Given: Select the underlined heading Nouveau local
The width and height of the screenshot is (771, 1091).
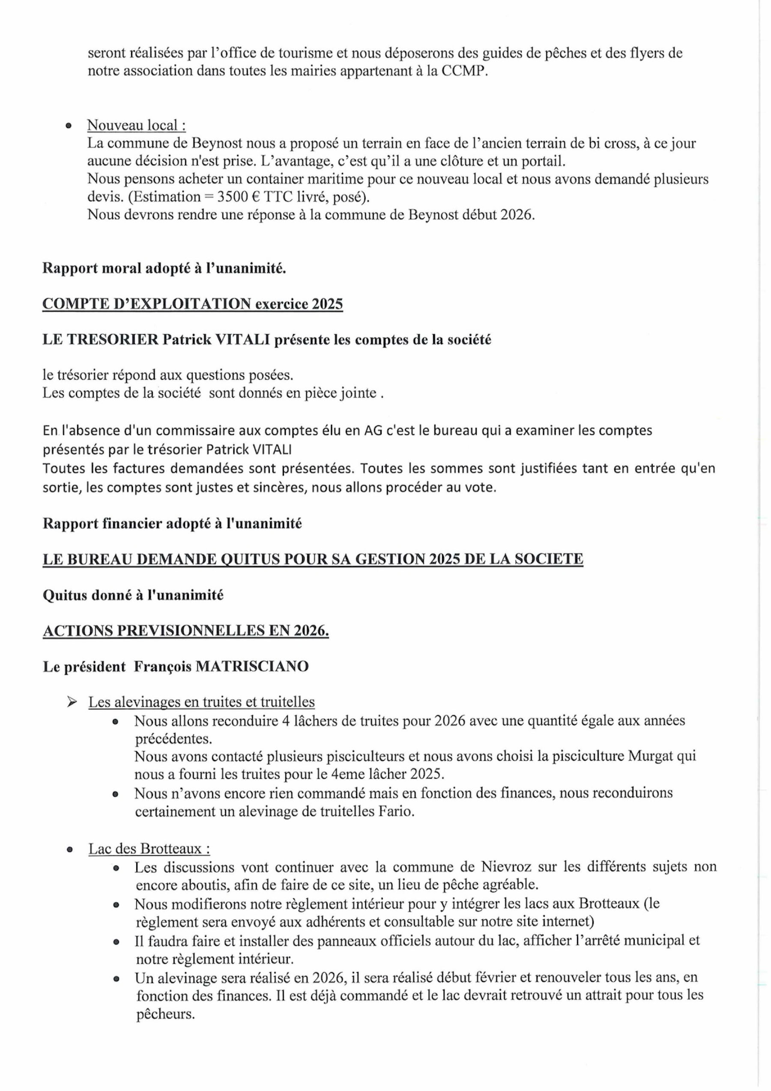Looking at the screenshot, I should click(x=136, y=125).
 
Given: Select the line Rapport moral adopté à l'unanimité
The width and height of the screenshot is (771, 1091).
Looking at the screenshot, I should click(x=164, y=268).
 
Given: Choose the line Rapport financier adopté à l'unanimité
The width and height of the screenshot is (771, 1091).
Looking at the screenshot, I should click(x=172, y=524).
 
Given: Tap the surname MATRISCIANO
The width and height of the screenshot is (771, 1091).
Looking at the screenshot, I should click(x=252, y=667).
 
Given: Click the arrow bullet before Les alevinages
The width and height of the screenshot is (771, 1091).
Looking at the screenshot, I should click(x=72, y=702).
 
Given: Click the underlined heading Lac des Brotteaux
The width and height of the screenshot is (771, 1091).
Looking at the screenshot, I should click(x=149, y=849).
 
